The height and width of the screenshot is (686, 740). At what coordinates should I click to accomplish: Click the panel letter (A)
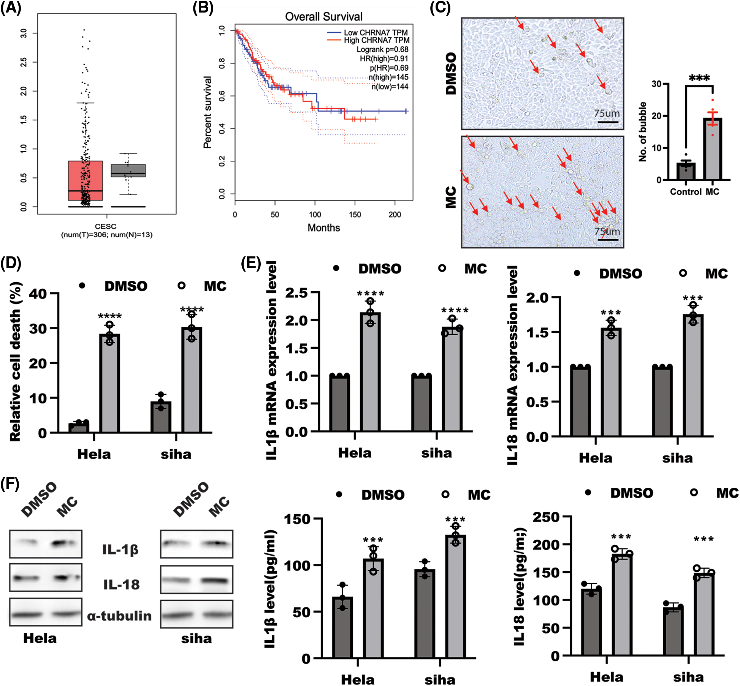11,8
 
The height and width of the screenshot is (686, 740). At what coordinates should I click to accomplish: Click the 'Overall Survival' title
323,17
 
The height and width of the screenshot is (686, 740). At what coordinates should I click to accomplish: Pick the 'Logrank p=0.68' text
382,49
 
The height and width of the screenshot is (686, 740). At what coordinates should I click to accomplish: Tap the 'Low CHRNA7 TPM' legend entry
375,33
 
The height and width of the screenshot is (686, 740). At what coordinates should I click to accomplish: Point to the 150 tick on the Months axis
355,215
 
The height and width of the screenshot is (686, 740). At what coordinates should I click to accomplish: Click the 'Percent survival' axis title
208,112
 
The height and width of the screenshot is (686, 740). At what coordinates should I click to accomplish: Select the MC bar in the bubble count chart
713,149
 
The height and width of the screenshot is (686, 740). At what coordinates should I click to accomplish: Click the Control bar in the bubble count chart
686,171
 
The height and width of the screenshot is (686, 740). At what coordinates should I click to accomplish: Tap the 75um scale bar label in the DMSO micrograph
607,113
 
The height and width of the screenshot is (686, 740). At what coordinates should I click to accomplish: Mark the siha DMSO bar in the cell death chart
161,417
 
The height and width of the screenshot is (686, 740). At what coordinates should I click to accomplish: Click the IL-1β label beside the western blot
120,549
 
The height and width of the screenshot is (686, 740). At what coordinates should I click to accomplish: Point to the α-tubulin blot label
119,615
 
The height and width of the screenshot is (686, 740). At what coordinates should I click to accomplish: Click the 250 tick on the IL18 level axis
546,517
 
